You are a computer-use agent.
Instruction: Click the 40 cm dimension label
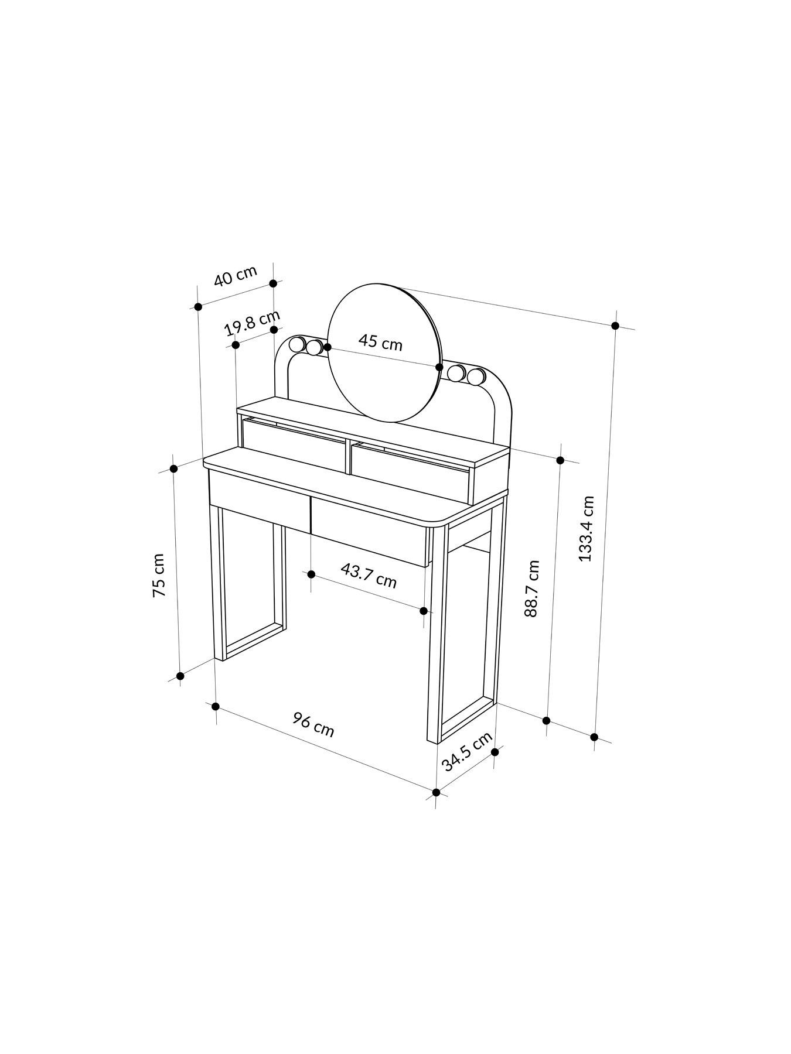tap(235, 276)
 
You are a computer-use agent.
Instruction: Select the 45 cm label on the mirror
tap(381, 342)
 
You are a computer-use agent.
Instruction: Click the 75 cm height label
tap(159, 575)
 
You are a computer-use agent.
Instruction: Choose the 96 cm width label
tap(313, 725)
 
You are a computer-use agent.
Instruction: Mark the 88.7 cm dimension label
tap(531, 588)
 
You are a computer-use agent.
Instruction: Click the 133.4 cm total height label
tap(586, 528)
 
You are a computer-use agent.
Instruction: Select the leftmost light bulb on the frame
tap(298, 344)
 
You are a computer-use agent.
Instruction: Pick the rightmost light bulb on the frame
tap(476, 376)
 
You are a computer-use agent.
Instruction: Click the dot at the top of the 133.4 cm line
tap(615, 326)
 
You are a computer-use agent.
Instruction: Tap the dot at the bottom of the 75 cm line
tap(180, 676)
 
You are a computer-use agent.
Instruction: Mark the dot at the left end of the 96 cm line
tap(216, 706)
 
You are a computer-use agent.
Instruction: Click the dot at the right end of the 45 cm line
tap(439, 367)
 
